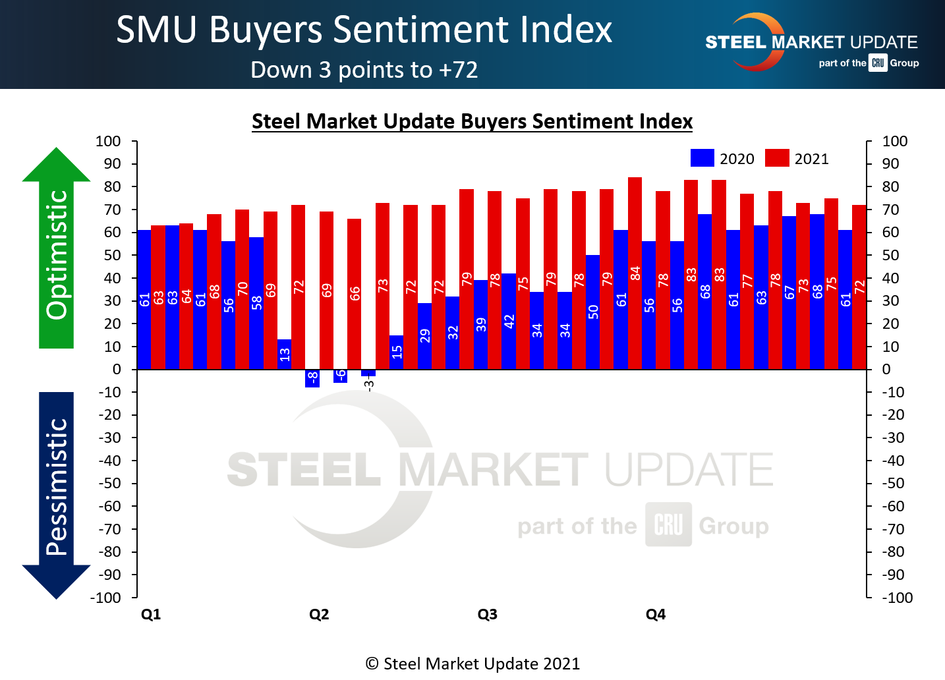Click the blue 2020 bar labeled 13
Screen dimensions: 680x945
click(284, 354)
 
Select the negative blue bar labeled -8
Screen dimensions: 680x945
click(312, 378)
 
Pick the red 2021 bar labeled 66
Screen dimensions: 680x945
click(354, 294)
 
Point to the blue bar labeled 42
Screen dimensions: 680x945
click(509, 321)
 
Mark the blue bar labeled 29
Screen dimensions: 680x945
click(424, 336)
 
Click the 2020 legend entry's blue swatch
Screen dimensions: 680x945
click(702, 158)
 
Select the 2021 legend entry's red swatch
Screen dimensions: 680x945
click(777, 158)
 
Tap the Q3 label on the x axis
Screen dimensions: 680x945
click(487, 614)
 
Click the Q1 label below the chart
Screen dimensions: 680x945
click(151, 614)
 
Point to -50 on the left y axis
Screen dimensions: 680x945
click(110, 483)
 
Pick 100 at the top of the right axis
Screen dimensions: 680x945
click(895, 141)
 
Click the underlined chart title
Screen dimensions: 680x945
click(472, 121)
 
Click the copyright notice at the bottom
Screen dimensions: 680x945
click(472, 664)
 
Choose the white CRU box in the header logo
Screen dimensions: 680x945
click(878, 63)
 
